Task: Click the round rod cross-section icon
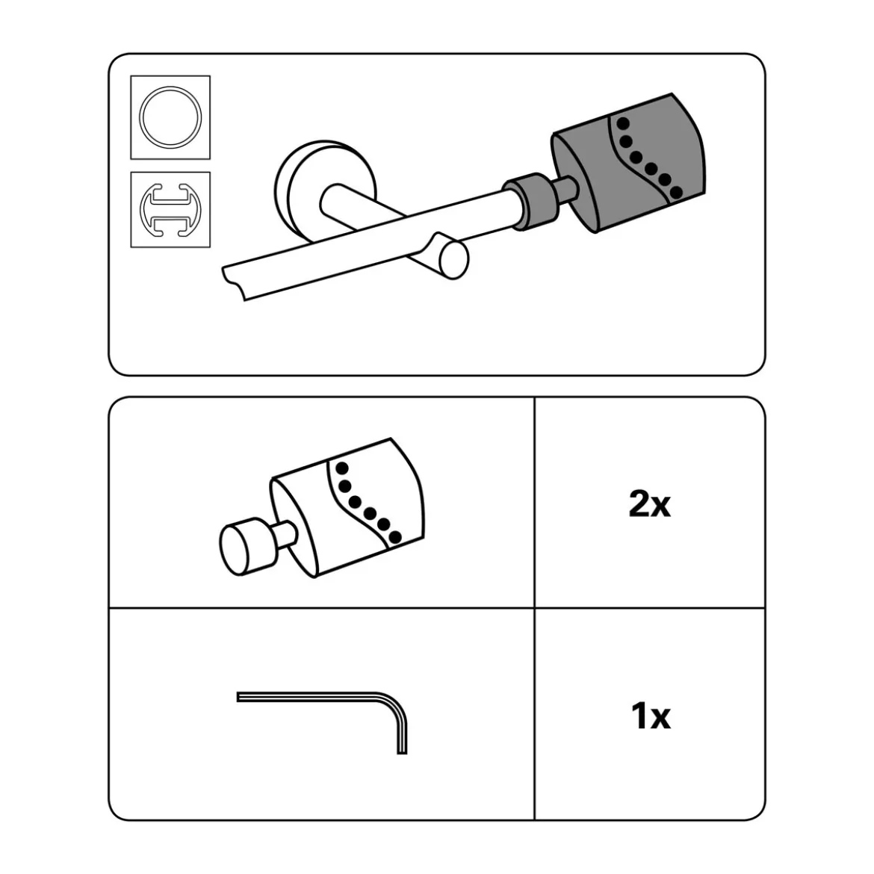point(170,117)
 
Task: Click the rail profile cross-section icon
point(170,210)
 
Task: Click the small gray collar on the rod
point(530,201)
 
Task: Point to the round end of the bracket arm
point(453,259)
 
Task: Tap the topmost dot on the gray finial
point(623,123)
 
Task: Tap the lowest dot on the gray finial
point(675,192)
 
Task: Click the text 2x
point(649,504)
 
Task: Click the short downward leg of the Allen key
point(403,739)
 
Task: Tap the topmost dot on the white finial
point(342,468)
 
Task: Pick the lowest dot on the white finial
point(394,537)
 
